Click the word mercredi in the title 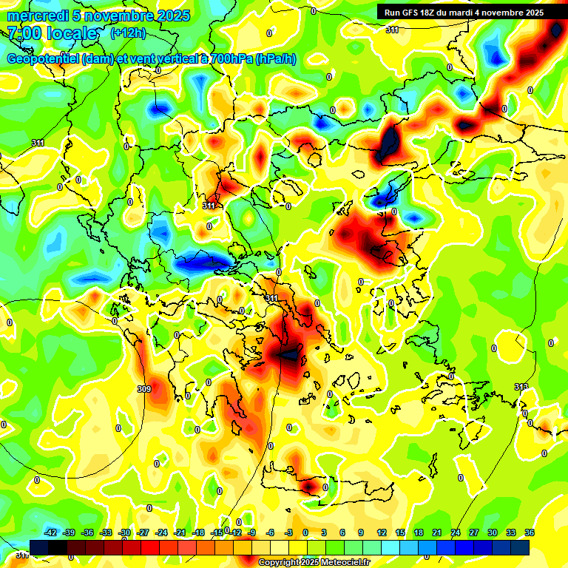[x=33, y=16]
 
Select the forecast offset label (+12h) [x=128, y=33]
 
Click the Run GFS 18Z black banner [x=464, y=12]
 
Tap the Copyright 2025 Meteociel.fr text [x=314, y=563]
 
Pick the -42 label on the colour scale [x=51, y=532]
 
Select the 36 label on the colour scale [x=530, y=532]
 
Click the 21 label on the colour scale [x=438, y=532]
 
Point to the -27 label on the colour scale [x=143, y=532]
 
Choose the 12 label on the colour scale [x=382, y=532]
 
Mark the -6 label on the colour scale [x=271, y=532]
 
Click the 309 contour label [x=144, y=389]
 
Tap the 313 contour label [x=521, y=387]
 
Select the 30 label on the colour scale [x=493, y=532]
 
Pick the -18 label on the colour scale [x=198, y=532]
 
